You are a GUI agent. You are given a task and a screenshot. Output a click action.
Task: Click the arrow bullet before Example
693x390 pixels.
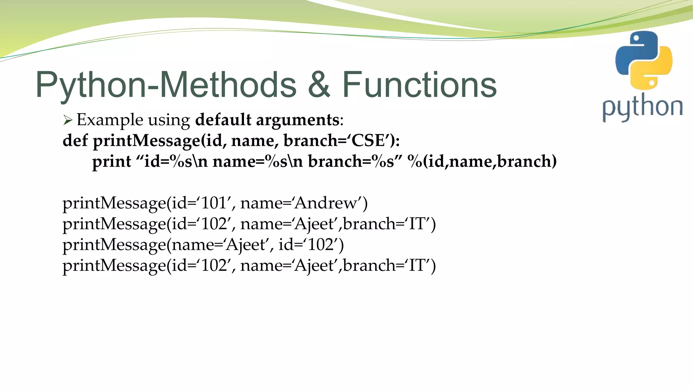point(68,120)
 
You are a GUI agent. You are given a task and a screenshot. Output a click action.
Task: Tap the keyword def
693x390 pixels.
point(75,140)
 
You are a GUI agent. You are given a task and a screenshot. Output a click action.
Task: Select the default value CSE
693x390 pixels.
point(368,140)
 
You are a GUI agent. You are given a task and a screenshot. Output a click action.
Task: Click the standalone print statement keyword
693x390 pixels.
point(112,161)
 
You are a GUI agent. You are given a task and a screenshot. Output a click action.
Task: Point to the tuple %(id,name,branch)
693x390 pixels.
point(482,161)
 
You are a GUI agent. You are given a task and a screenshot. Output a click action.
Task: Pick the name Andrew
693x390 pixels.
point(327,203)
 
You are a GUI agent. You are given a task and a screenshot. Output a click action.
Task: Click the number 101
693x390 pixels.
point(214,203)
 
